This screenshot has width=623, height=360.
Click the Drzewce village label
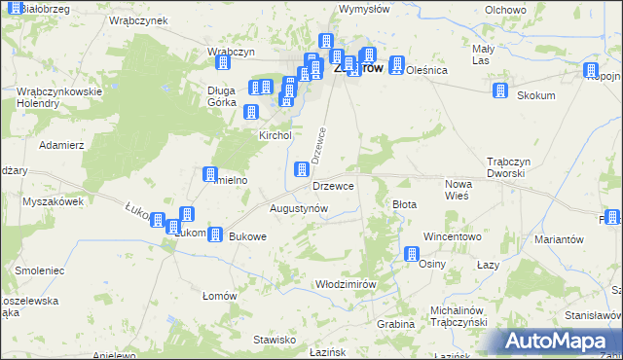click(x=333, y=185)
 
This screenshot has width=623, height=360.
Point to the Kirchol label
click(x=275, y=136)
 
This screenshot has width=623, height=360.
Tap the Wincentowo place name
click(x=453, y=236)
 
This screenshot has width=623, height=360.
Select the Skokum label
click(x=536, y=95)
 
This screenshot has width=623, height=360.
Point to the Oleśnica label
click(x=426, y=70)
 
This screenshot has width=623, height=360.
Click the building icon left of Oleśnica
click(x=396, y=66)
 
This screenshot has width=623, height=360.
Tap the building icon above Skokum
click(x=500, y=90)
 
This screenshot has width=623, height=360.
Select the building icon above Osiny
click(x=412, y=255)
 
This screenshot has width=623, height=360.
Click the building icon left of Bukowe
click(x=215, y=234)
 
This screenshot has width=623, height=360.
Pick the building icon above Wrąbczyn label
click(x=223, y=62)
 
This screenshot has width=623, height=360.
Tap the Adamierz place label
click(x=61, y=144)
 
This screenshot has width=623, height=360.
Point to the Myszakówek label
click(x=54, y=201)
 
